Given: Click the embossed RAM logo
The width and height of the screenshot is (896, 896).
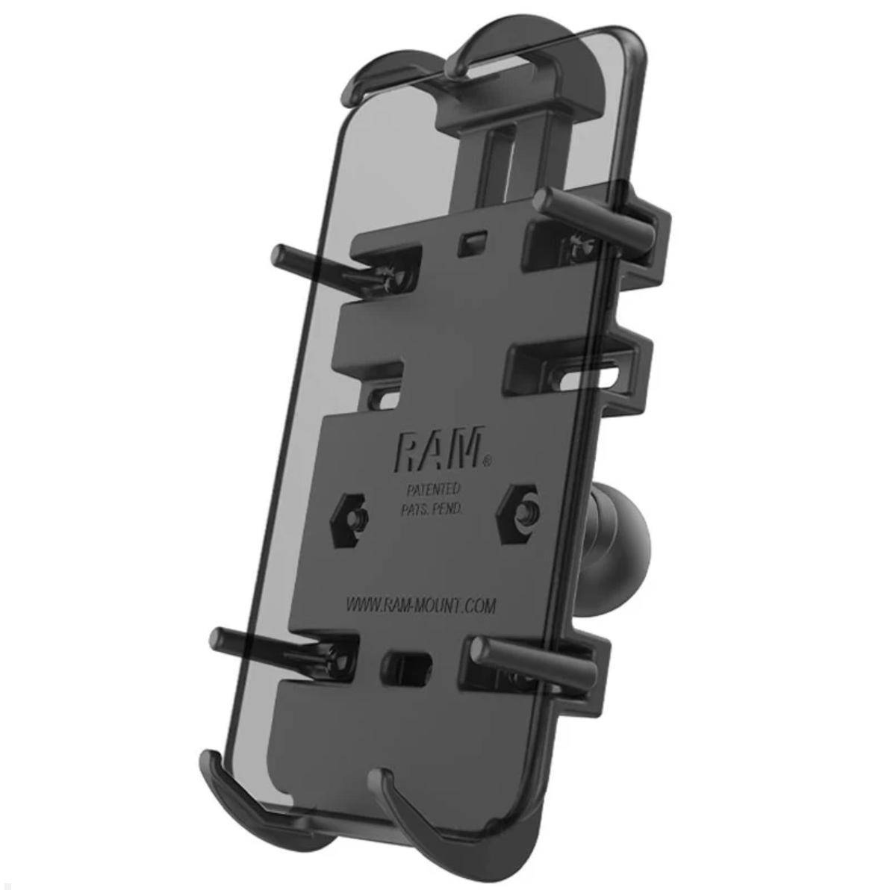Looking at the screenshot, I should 438,451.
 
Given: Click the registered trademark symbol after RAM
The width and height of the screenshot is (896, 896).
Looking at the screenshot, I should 488,463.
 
